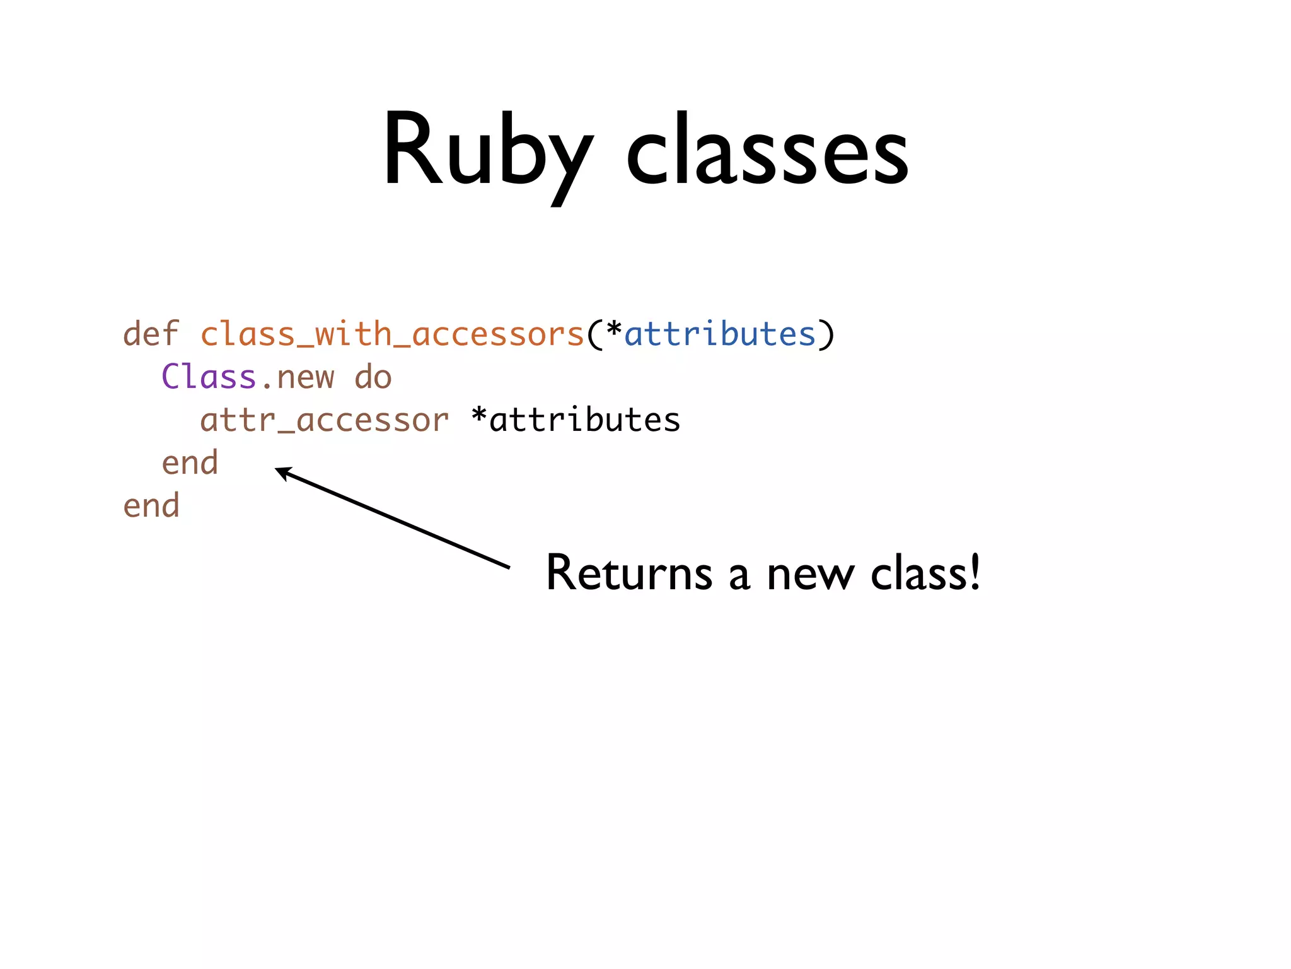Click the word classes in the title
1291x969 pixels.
coord(767,151)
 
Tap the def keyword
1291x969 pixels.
coord(151,334)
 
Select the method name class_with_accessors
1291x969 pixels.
coord(392,334)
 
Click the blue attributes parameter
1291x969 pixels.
coord(720,334)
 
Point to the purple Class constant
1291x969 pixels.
coord(209,377)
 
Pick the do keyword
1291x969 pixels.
coord(373,377)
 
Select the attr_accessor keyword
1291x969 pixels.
coord(324,420)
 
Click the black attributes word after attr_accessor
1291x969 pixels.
coord(585,420)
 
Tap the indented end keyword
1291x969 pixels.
coord(190,463)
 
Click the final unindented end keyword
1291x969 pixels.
coord(151,506)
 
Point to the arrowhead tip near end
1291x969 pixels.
coord(277,469)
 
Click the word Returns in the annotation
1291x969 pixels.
coord(628,573)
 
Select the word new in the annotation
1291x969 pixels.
coord(810,575)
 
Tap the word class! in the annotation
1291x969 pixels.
coord(925,573)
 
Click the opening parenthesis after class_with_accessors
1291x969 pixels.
coord(593,334)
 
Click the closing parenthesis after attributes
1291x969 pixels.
coord(826,334)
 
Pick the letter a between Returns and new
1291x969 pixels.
coord(739,577)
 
